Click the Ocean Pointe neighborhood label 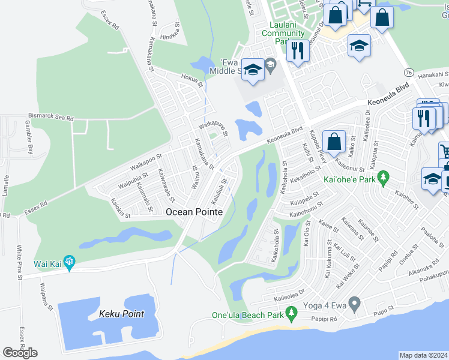click(x=194, y=212)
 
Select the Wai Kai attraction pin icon click(x=70, y=261)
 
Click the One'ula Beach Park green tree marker click(x=292, y=312)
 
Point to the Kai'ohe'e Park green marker click(x=385, y=178)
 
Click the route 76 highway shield click(x=408, y=72)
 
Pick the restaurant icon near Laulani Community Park click(x=297, y=50)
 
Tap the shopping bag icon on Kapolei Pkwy click(x=333, y=142)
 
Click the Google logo click(x=20, y=352)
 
